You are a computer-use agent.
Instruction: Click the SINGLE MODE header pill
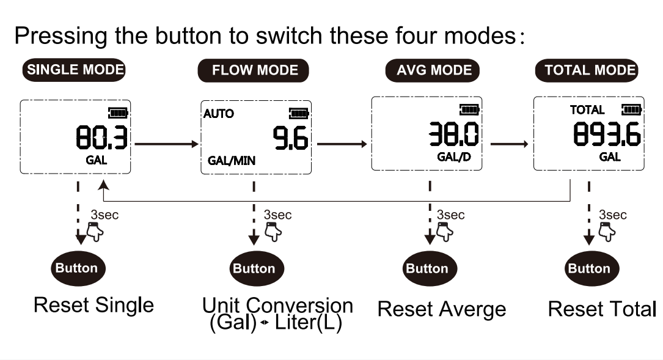tap(74, 70)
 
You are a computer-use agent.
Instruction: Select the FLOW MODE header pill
tap(253, 70)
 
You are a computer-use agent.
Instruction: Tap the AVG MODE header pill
tap(433, 70)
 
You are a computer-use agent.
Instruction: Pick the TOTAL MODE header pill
tap(587, 70)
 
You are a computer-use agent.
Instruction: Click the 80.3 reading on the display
tap(101, 138)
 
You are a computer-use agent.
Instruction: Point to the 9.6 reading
tap(290, 138)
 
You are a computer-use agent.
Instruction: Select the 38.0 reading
tap(453, 134)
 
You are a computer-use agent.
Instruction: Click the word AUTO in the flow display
tap(219, 113)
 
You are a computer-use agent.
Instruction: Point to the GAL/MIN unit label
tap(232, 161)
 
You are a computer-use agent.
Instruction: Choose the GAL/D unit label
tap(454, 157)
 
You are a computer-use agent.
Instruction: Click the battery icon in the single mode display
tap(119, 113)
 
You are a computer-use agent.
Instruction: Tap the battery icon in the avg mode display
tap(470, 109)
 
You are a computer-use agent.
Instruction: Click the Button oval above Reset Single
tap(78, 268)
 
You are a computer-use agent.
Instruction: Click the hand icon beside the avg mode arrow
tap(444, 231)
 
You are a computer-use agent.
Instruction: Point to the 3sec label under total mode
tap(613, 215)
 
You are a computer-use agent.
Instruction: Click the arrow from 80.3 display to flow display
tap(167, 144)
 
